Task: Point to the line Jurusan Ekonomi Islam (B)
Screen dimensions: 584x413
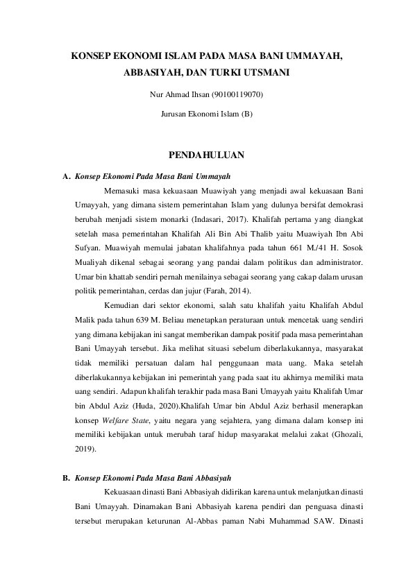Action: (x=206, y=112)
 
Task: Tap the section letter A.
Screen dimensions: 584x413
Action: (x=65, y=176)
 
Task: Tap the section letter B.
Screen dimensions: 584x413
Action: (x=65, y=478)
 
